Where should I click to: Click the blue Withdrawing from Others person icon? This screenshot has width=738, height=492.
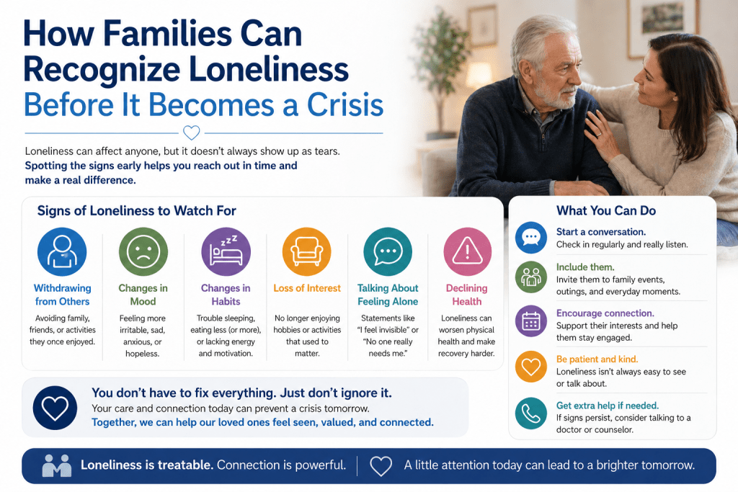(62, 251)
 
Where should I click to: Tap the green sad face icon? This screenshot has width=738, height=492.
(143, 251)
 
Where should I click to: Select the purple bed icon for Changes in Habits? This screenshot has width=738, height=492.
(226, 251)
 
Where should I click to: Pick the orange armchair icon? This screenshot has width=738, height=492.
(307, 251)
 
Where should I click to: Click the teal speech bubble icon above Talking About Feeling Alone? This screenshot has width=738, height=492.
(388, 251)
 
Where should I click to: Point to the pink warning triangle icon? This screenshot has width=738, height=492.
(467, 251)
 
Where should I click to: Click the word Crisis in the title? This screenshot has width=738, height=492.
(345, 104)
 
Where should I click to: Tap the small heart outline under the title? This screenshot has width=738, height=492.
(192, 133)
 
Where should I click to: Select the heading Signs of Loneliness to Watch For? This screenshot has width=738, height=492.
(136, 211)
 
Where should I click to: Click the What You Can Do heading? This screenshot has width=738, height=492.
(606, 211)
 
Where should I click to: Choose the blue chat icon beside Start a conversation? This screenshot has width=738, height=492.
(531, 238)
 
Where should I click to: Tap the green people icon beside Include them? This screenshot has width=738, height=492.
(531, 277)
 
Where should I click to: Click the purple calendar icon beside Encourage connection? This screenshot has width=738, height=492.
(531, 321)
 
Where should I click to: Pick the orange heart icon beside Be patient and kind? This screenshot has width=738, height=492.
(531, 367)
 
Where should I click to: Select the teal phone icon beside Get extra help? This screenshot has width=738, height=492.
(531, 413)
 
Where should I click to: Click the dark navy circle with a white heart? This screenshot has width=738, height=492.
(55, 408)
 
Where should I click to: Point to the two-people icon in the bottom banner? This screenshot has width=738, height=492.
(57, 465)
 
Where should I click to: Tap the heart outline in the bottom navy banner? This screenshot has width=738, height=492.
(381, 466)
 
